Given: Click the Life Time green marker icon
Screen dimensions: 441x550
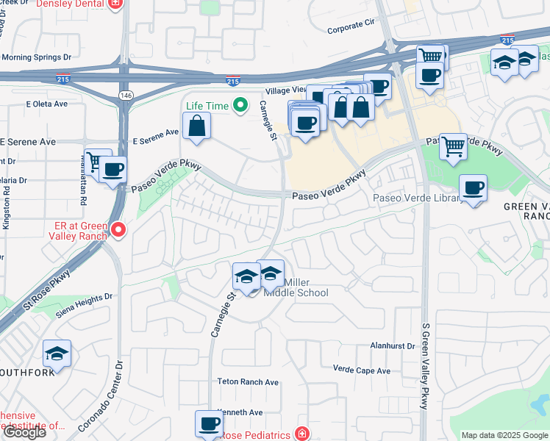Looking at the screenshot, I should [239, 106].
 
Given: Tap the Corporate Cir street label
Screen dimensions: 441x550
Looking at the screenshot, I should [350, 30].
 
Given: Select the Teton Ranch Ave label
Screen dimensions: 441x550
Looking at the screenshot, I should [248, 381].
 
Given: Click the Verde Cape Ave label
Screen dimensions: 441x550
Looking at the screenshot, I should [361, 370].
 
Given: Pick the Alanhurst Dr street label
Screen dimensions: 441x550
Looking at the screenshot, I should [393, 344].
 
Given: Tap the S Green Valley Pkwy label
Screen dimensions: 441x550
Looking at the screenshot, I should [425, 366].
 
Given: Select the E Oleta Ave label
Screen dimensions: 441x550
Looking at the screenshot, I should [46, 104].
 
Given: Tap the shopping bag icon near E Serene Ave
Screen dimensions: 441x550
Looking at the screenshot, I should [196, 126].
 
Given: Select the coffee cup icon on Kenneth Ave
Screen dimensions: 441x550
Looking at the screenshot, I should [210, 423].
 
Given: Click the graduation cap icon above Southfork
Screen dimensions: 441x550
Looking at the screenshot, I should [56, 354].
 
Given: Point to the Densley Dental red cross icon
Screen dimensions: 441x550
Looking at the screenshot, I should [115, 4].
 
